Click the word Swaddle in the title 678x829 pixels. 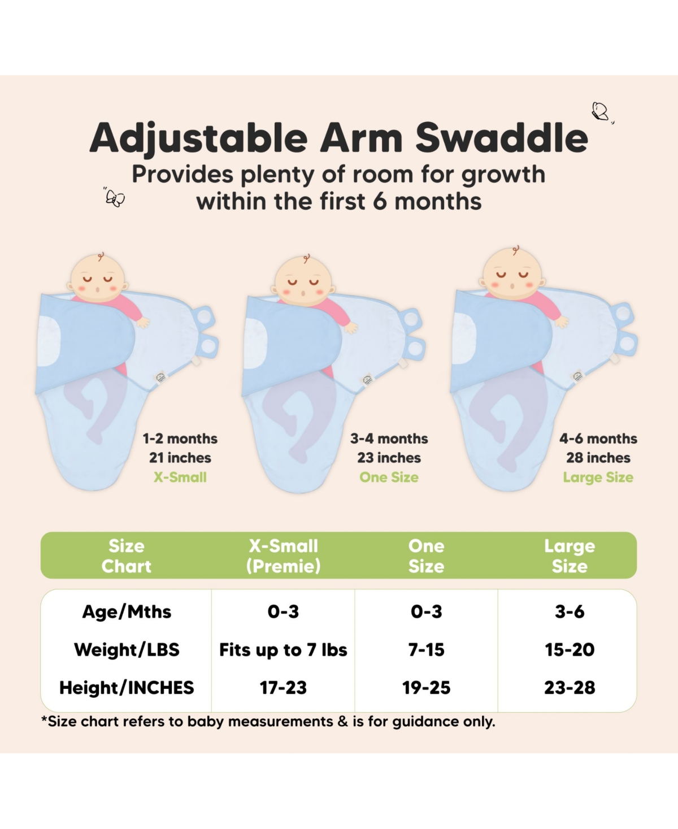pyautogui.click(x=502, y=138)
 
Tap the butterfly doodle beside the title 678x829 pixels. pyautogui.click(x=600, y=111)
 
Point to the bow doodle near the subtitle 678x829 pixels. pyautogui.click(x=115, y=198)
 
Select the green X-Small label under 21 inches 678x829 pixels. pyautogui.click(x=180, y=477)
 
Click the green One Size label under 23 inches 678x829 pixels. pyautogui.click(x=389, y=477)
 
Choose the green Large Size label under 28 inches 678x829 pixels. pyautogui.click(x=598, y=478)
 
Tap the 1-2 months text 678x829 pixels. pyautogui.click(x=180, y=439)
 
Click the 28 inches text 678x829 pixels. pyautogui.click(x=598, y=458)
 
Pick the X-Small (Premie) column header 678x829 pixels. pyautogui.click(x=283, y=556)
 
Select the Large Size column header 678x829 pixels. pyautogui.click(x=570, y=556)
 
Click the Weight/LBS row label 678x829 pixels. pyautogui.click(x=127, y=650)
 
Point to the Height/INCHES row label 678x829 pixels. pyautogui.click(x=127, y=688)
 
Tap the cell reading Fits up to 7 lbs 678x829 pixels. pyautogui.click(x=283, y=650)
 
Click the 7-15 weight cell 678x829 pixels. pyautogui.click(x=426, y=650)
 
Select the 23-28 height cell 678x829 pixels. pyautogui.click(x=570, y=688)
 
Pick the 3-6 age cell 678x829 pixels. pyautogui.click(x=570, y=611)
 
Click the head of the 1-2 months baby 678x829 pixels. pyautogui.click(x=97, y=279)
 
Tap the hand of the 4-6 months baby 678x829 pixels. pyautogui.click(x=561, y=322)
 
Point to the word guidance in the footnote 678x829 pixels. pyautogui.click(x=415, y=722)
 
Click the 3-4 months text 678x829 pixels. pyautogui.click(x=389, y=439)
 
